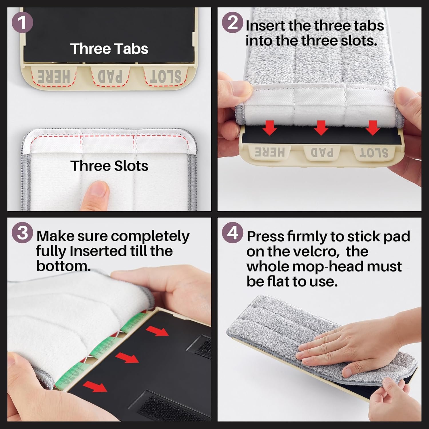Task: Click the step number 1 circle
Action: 22,23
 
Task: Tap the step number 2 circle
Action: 233,22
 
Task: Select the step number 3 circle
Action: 22,233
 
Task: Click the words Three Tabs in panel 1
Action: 109,49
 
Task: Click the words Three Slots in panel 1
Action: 109,166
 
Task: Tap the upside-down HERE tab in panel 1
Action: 54,76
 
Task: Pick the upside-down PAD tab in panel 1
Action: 110,76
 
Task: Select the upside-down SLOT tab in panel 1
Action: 166,76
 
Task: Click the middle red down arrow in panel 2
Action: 321,128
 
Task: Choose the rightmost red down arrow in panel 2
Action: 372,128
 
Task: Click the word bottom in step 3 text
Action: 63,266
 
